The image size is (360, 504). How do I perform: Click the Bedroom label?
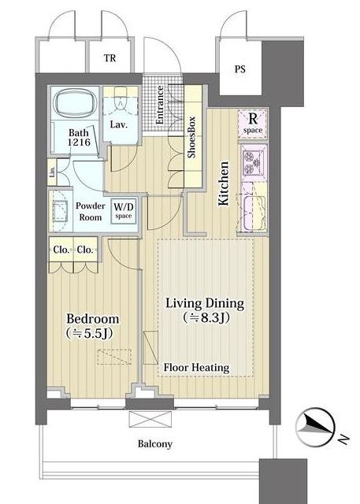tap(93, 319)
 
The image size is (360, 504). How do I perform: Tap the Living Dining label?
tap(205, 303)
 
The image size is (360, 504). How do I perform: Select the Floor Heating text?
tap(196, 368)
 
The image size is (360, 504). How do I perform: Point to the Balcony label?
tap(155, 444)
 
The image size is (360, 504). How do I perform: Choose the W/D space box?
tap(124, 210)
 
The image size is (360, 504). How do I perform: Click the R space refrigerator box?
tap(253, 124)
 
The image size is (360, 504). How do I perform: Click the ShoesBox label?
tap(192, 137)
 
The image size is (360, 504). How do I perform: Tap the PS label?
tap(239, 69)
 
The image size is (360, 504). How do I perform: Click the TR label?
tap(109, 58)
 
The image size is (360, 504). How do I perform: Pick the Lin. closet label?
tap(53, 172)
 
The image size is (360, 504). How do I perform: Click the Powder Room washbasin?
tap(61, 211)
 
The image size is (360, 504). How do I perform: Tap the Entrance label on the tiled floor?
tap(160, 105)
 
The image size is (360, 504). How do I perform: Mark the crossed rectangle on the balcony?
tap(150, 420)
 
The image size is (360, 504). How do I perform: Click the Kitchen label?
tap(224, 183)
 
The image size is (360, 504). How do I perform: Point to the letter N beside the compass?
tap(343, 439)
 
